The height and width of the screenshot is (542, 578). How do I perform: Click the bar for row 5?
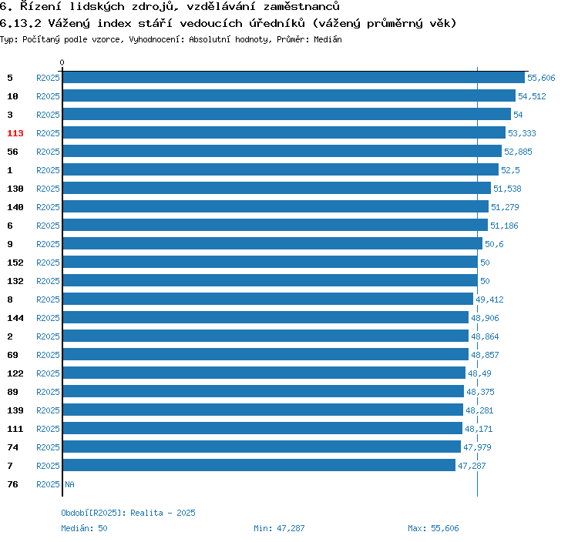[294, 78]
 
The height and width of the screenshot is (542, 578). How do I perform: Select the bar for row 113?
[284, 133]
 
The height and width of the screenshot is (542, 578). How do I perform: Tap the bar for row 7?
[259, 466]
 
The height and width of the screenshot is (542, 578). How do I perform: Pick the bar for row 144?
[265, 318]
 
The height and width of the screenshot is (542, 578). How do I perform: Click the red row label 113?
[15, 133]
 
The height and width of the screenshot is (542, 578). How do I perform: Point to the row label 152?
[15, 263]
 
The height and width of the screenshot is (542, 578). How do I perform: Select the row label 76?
[12, 484]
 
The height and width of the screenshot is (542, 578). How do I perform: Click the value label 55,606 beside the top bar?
[541, 78]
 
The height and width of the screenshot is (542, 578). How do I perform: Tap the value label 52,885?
[518, 152]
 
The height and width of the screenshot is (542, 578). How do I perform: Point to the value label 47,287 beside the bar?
[472, 466]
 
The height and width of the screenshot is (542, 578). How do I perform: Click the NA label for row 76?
[69, 484]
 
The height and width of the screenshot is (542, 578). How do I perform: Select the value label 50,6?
[494, 244]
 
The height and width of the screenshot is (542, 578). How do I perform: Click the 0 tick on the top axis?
[62, 63]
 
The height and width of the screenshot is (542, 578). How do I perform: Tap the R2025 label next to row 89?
[48, 392]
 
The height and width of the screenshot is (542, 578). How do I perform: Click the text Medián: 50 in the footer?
[84, 528]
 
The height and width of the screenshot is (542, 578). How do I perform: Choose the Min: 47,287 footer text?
[279, 528]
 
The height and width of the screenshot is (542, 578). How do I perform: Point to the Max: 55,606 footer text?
[433, 528]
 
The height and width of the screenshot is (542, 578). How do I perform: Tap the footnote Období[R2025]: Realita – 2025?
[128, 513]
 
